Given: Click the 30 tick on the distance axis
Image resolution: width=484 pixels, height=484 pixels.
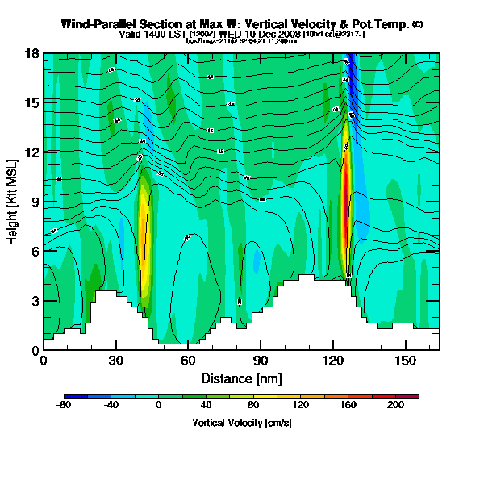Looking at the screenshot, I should [x=116, y=360].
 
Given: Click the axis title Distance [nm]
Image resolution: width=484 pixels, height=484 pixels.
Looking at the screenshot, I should [x=241, y=378].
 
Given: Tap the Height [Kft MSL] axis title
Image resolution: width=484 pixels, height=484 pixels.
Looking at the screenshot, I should [x=14, y=202].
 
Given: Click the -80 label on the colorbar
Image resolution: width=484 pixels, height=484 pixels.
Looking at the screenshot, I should [x=64, y=405].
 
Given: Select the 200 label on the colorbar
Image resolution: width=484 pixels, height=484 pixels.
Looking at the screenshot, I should [x=395, y=405].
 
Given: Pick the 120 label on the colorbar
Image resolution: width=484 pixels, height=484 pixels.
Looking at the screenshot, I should [x=301, y=405].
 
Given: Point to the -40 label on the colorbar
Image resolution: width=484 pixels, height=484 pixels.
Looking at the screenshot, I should [x=111, y=405].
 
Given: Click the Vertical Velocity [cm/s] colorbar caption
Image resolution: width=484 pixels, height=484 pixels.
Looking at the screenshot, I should [x=241, y=423].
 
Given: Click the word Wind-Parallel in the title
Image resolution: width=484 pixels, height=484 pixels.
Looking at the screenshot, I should [x=100, y=25].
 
